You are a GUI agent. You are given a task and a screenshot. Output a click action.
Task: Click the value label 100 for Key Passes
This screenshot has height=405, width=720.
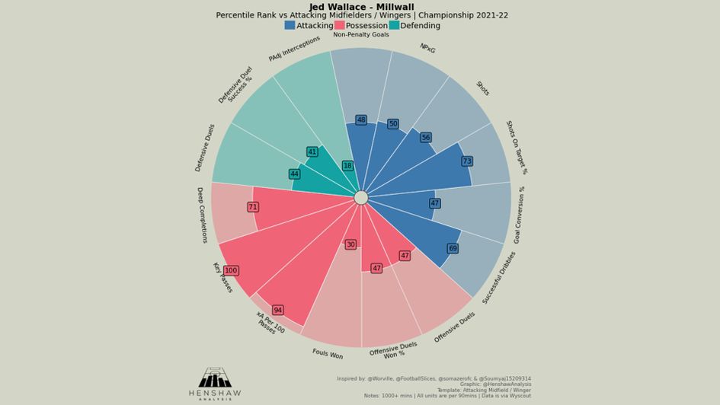[231, 271]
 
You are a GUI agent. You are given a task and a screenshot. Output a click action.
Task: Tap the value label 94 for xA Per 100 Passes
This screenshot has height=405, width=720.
[277, 311]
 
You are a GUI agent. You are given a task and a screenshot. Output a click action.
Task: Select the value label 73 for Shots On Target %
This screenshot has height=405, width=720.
[467, 161]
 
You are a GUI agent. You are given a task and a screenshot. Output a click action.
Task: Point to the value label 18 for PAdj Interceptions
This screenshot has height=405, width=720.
[347, 166]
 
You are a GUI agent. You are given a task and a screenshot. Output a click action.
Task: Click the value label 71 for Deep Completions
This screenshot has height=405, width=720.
[253, 207]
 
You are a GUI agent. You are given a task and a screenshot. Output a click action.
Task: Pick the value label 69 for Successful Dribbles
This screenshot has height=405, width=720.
[453, 249]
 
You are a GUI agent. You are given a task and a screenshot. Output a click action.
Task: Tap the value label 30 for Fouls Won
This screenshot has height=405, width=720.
[350, 244]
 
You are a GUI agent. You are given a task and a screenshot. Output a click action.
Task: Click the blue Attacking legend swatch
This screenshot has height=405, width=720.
[290, 25]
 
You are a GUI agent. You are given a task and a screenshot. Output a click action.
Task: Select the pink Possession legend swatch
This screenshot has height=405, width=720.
[339, 25]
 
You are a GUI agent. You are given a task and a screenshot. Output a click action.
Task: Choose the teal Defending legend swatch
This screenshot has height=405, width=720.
[394, 25]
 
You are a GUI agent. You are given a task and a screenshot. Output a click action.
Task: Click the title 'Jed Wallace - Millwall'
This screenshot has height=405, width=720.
[361, 7]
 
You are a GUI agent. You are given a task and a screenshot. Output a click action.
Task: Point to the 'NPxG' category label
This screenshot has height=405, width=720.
[427, 48]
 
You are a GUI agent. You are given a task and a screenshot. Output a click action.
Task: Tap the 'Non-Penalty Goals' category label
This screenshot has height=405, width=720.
[361, 34]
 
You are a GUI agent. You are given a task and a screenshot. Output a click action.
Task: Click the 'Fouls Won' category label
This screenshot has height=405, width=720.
[328, 355]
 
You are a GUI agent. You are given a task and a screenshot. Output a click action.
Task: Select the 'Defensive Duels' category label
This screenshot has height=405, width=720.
[205, 148]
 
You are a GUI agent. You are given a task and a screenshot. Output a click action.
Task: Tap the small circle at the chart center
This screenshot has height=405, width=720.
[361, 198]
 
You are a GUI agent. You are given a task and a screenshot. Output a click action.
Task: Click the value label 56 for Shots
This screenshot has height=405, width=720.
[425, 138]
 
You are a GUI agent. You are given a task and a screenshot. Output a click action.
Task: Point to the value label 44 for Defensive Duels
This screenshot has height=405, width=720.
[294, 174]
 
